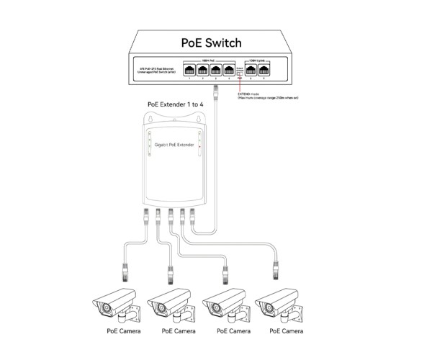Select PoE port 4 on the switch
click(229, 70)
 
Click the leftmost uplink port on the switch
click(251, 70)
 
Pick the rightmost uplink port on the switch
click(264, 70)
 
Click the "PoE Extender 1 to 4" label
click(176, 105)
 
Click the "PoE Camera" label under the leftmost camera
click(122, 332)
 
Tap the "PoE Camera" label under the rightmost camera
click(286, 332)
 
